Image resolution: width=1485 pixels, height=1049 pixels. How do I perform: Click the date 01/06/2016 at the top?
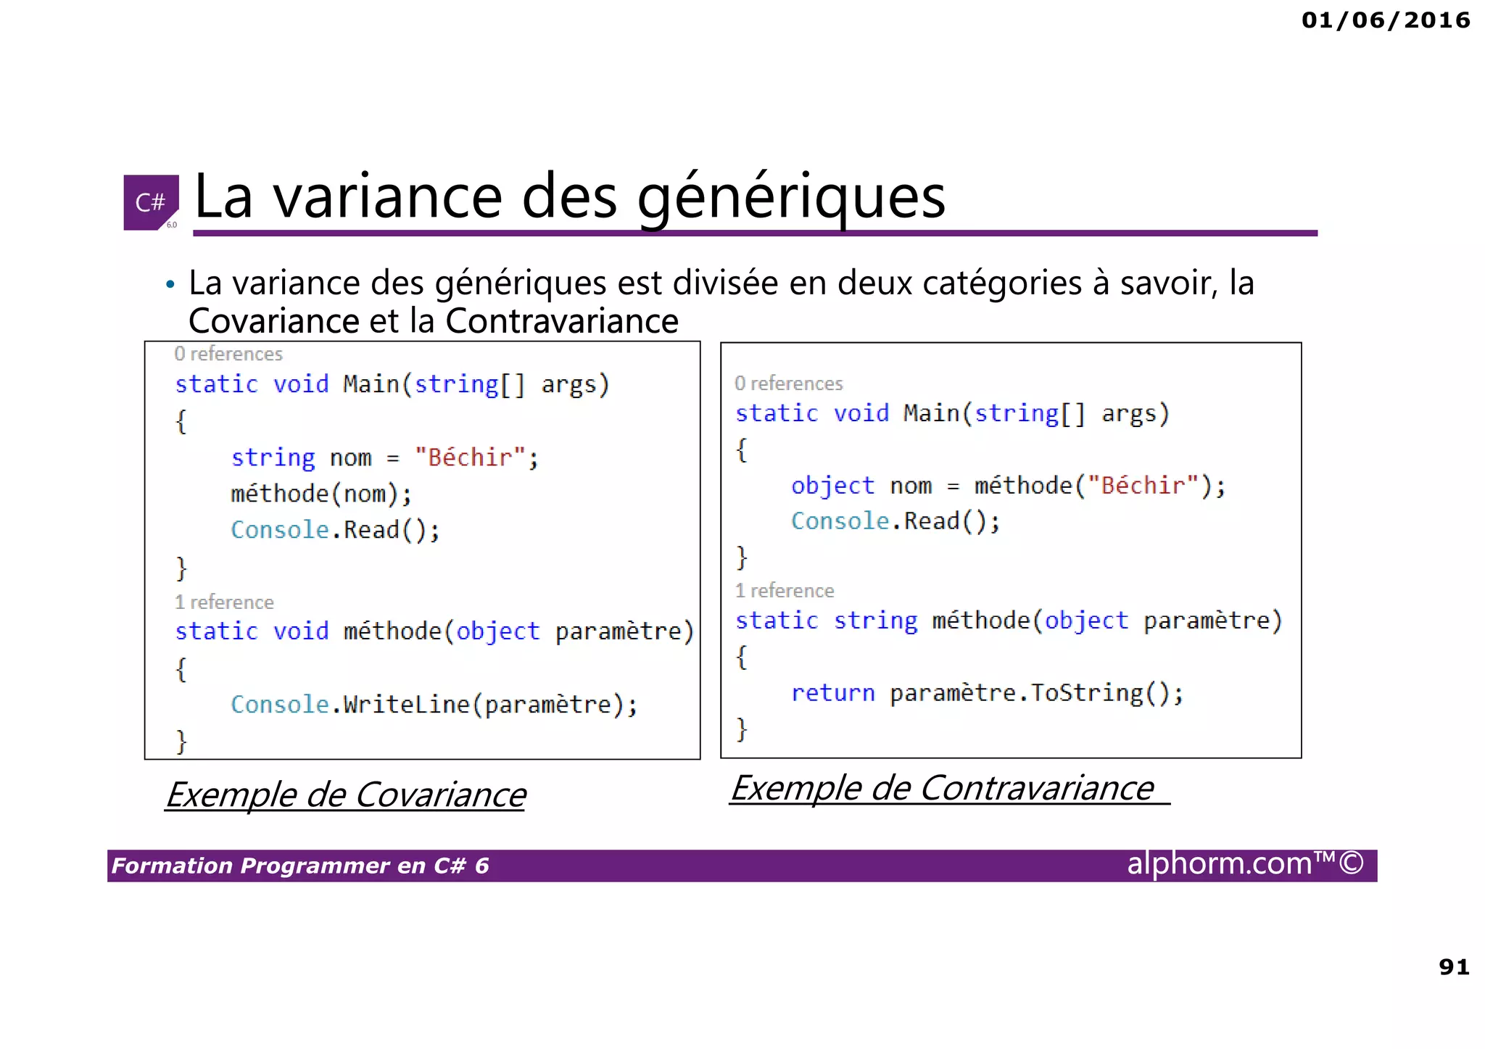(1385, 20)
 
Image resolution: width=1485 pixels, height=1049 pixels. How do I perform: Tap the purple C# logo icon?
(151, 202)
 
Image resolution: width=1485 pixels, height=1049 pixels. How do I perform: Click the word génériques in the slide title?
(791, 196)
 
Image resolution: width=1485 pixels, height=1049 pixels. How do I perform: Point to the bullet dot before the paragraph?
(170, 285)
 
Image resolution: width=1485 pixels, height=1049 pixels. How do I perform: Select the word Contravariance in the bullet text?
(562, 321)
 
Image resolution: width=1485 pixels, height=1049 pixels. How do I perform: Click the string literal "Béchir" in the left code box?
(470, 457)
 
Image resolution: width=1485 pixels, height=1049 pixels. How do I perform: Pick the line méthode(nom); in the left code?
(321, 494)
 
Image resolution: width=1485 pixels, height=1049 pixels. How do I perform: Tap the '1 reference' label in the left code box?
(224, 602)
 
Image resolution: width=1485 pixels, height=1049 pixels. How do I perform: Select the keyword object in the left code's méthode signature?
(497, 631)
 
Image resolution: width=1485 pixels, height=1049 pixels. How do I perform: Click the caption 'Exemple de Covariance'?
(346, 795)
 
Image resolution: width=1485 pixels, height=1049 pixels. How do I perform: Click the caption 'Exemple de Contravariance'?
(942, 788)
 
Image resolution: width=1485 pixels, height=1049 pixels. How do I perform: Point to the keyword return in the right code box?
(832, 694)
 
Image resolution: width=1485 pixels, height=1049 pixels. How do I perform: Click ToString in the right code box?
(1086, 694)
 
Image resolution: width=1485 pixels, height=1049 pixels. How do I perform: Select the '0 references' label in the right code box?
(788, 383)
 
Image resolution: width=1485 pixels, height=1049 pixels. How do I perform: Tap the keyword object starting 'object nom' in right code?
(832, 486)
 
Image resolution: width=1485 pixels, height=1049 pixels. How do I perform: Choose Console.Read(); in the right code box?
(895, 521)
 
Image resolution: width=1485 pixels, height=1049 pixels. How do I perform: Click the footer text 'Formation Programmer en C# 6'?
(300, 866)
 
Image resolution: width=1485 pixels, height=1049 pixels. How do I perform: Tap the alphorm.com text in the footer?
(1220, 864)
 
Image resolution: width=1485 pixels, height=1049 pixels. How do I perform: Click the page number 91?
(1454, 967)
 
